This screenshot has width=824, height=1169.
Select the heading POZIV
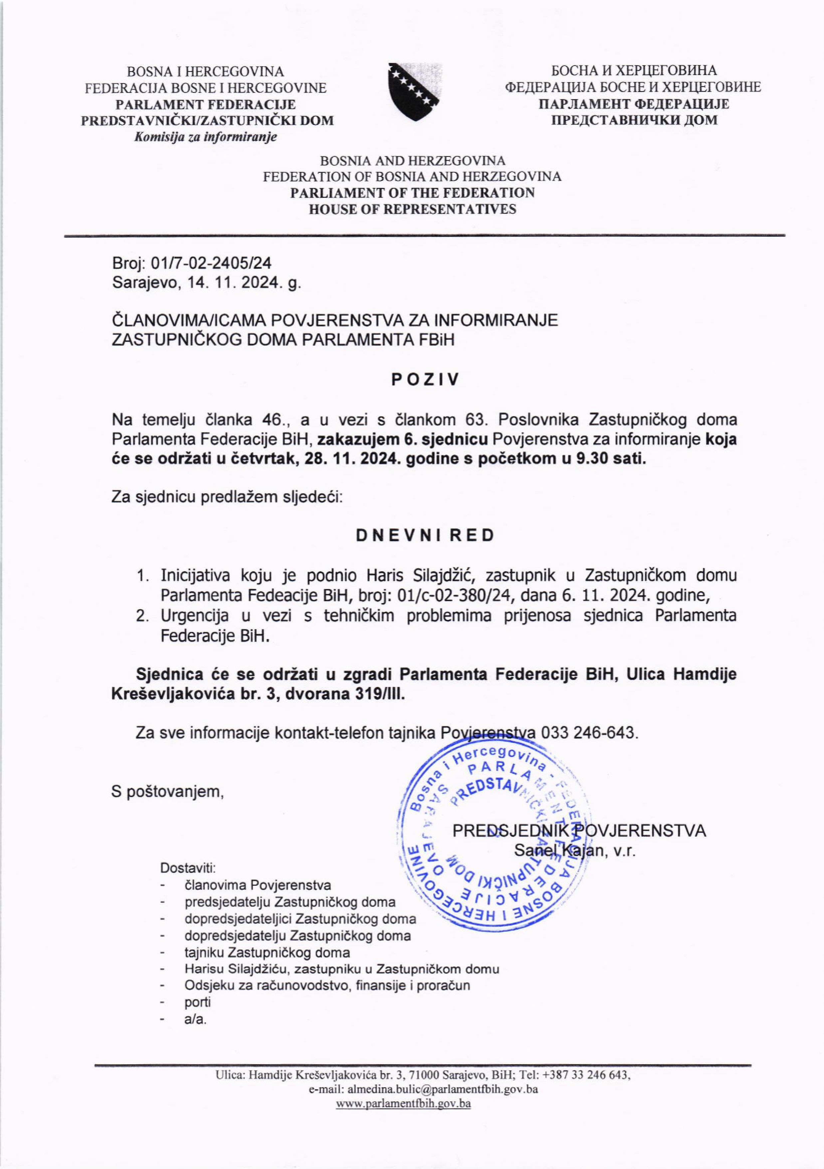(425, 379)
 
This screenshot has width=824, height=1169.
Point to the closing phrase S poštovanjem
(167, 792)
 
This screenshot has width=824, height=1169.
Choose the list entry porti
(198, 1002)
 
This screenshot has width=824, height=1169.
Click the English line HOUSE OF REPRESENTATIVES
(412, 209)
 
